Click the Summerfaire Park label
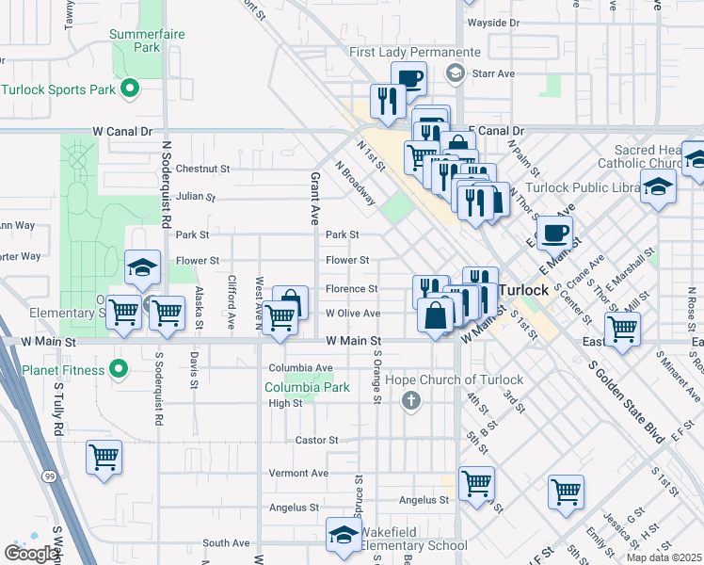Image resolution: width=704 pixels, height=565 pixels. pyautogui.click(x=146, y=40)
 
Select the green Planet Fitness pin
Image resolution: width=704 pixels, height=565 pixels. pyautogui.click(x=118, y=369)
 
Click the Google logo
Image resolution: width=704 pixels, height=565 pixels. pyautogui.click(x=31, y=554)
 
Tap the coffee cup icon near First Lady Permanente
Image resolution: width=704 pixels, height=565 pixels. pyautogui.click(x=408, y=79)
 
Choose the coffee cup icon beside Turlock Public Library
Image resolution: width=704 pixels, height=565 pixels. pyautogui.click(x=554, y=232)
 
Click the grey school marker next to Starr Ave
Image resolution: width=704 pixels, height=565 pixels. pyautogui.click(x=456, y=73)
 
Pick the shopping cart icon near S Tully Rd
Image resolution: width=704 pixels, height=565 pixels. pyautogui.click(x=104, y=458)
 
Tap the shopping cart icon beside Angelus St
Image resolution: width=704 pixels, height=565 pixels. pyautogui.click(x=477, y=484)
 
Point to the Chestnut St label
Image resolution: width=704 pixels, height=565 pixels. pyautogui.click(x=210, y=169)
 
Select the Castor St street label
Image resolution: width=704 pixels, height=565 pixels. pyautogui.click(x=316, y=440)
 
